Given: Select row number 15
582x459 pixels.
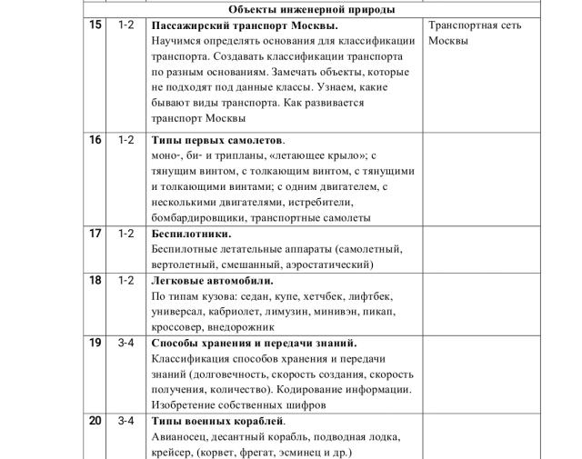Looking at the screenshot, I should click(95, 25).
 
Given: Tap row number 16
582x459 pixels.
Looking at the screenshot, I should click(95, 140).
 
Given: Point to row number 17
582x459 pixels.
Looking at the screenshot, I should click(95, 233).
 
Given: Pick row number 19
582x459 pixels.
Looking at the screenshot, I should click(95, 343).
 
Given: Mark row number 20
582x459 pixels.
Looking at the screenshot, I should click(95, 421).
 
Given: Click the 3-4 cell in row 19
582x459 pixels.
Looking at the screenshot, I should click(125, 343).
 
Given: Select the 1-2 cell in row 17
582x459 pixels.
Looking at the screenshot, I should click(125, 233).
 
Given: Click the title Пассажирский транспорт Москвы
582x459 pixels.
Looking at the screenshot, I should click(245, 25).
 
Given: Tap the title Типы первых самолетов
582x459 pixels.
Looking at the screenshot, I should click(218, 140).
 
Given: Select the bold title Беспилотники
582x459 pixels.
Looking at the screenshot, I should click(191, 234).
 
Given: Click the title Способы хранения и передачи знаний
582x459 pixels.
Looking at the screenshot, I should click(254, 343).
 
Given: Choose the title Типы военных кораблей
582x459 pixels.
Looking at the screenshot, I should click(218, 421).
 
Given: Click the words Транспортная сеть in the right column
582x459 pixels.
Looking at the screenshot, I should click(475, 25).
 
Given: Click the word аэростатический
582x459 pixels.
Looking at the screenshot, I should click(326, 264).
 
